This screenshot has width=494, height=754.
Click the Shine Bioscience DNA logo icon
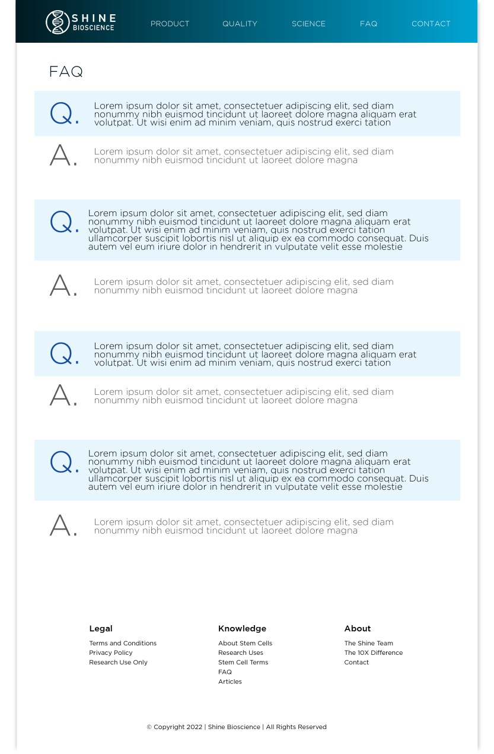[x=58, y=23]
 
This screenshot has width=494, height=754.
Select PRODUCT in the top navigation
[x=170, y=24]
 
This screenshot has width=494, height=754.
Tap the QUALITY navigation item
[x=240, y=24]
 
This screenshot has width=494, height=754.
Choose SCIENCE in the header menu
[x=308, y=24]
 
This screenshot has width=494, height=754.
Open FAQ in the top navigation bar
[x=368, y=24]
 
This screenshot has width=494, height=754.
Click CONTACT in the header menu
[x=431, y=24]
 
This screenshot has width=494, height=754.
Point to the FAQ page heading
[x=66, y=72]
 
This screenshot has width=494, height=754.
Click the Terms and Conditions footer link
[x=123, y=644]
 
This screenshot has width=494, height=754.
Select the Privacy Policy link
[x=111, y=653]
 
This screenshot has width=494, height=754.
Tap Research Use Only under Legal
[x=118, y=663]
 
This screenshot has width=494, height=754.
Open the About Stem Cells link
[x=245, y=644]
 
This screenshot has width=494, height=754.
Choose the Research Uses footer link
[x=240, y=653]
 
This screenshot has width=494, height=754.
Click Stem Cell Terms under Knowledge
[x=243, y=663]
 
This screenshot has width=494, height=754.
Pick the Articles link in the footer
[x=230, y=682]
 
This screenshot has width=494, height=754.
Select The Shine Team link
[x=368, y=644]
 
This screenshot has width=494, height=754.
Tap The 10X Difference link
[x=373, y=653]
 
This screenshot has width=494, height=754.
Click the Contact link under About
[x=356, y=663]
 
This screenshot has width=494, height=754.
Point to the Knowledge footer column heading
[x=242, y=629]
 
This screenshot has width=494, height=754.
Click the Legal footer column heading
[x=101, y=629]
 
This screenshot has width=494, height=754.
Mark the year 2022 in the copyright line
[x=194, y=727]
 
